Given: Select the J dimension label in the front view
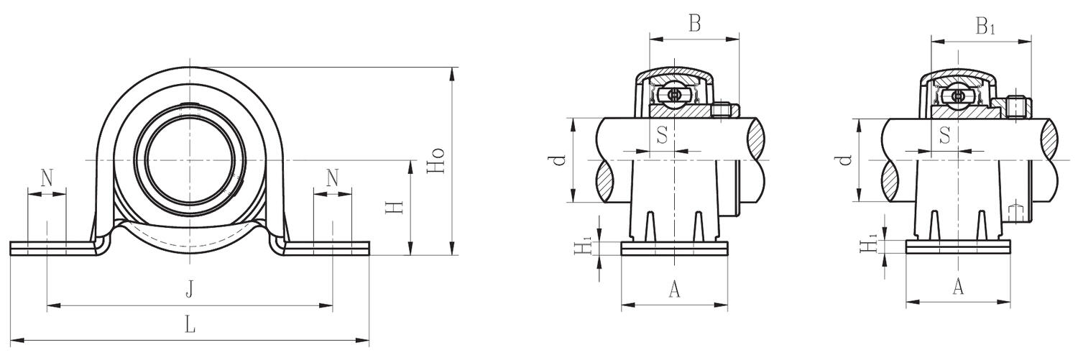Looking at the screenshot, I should coord(189,290).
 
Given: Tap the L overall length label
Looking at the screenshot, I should coord(189,325).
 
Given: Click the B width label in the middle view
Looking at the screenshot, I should coord(694,24).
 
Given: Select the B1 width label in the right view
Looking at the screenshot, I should coord(985,27).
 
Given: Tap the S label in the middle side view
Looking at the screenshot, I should coord(663,134).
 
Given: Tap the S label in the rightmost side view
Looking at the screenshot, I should coord(945,134).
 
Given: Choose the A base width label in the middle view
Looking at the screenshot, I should coord(674,289).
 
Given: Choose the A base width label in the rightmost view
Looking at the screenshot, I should coord(958,287).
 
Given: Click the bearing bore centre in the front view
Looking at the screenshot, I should coord(189,159).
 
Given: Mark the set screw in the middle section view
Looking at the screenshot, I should coord(724,109).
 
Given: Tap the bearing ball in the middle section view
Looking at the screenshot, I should coord(675,96).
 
